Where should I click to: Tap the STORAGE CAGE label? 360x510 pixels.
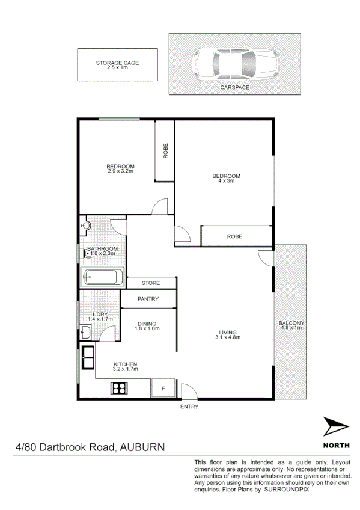click(118, 63)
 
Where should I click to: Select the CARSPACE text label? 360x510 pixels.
click(234, 87)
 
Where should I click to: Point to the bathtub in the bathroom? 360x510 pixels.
click(103, 278)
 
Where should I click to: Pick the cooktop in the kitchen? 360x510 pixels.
click(118, 388)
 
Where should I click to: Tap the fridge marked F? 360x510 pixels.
click(162, 388)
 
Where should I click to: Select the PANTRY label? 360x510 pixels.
click(148, 298)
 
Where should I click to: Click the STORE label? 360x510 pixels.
click(151, 283)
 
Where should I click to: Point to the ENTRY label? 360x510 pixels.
click(189, 407)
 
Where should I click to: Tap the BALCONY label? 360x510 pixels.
click(291, 324)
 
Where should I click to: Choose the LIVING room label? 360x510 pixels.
click(228, 332)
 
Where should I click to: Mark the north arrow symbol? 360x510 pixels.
click(334, 428)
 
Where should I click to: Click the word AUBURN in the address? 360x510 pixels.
click(142, 447)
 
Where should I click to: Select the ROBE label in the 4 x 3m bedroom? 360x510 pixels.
click(234, 236)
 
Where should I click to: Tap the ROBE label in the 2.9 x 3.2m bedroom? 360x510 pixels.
click(165, 150)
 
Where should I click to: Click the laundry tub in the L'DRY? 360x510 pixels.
click(85, 332)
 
